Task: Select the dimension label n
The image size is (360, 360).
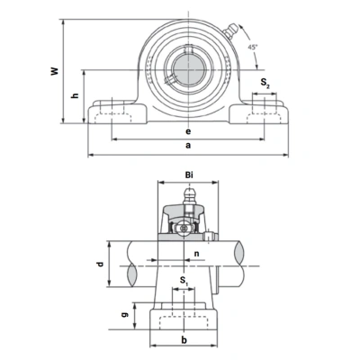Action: click(197, 254)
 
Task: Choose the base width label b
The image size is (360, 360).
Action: click(184, 340)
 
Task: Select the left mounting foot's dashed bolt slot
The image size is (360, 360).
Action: click(112, 112)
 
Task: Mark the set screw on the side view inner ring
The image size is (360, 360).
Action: click(208, 238)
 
